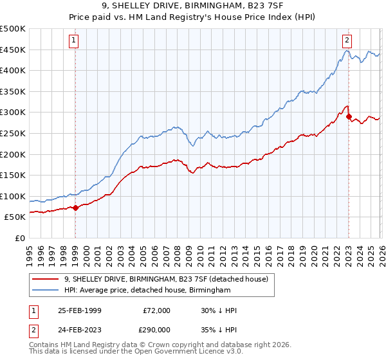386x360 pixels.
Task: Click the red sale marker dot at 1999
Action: point(75,208)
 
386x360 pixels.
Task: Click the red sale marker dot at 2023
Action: point(349,116)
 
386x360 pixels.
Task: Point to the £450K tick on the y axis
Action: point(14,50)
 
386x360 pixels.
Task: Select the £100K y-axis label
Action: point(14,196)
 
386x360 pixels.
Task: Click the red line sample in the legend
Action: point(47,278)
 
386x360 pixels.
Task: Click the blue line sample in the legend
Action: point(47,291)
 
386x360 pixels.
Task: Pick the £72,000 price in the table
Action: point(156,310)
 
